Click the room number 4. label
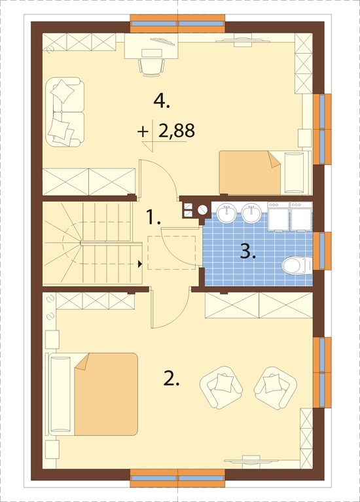point(162,101)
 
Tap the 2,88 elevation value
point(176,131)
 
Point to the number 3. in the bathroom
point(247,251)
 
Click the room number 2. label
point(171,378)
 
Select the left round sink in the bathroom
point(227,211)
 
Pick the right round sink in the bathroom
point(251,211)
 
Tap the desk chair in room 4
point(149,65)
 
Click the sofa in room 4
point(65,111)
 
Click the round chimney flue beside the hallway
point(202,209)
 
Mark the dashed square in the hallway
point(171,252)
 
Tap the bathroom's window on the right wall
point(319,251)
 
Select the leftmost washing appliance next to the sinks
point(278,217)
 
